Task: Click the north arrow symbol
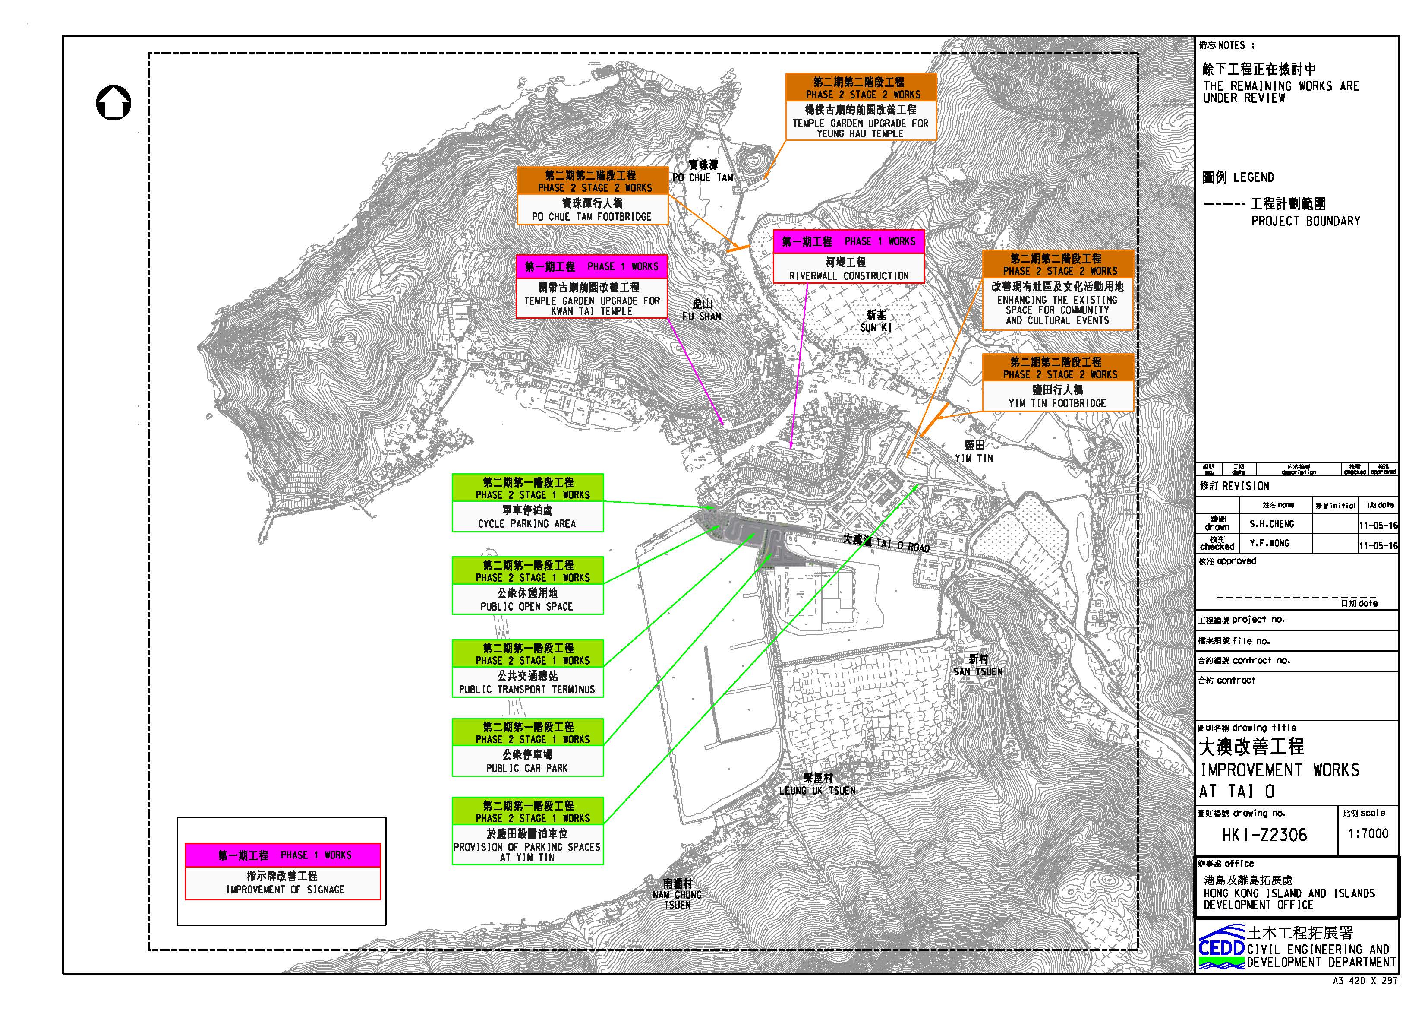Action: (114, 103)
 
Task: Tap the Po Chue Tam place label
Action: (703, 171)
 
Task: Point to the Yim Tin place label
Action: (974, 452)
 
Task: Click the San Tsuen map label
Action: (978, 665)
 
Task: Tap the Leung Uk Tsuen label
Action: (817, 784)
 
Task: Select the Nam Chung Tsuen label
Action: (677, 894)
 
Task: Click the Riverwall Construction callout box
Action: (848, 257)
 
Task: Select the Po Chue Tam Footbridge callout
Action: (592, 196)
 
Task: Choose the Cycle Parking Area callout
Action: (527, 503)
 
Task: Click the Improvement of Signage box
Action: (282, 871)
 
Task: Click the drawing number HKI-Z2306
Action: (1264, 835)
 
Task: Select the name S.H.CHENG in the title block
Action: (1271, 524)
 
